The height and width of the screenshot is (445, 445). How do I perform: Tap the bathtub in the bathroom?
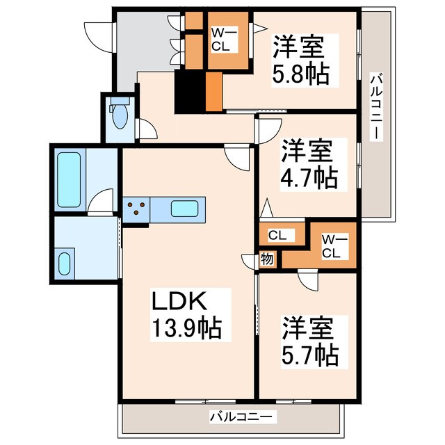[69, 180]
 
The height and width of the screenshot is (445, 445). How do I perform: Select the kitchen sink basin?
[184, 209]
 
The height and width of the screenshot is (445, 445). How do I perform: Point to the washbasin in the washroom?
[65, 264]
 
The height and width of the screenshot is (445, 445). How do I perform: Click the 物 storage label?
[267, 259]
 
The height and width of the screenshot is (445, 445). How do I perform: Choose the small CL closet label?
[277, 235]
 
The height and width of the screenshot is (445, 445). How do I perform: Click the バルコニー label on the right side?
[376, 106]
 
